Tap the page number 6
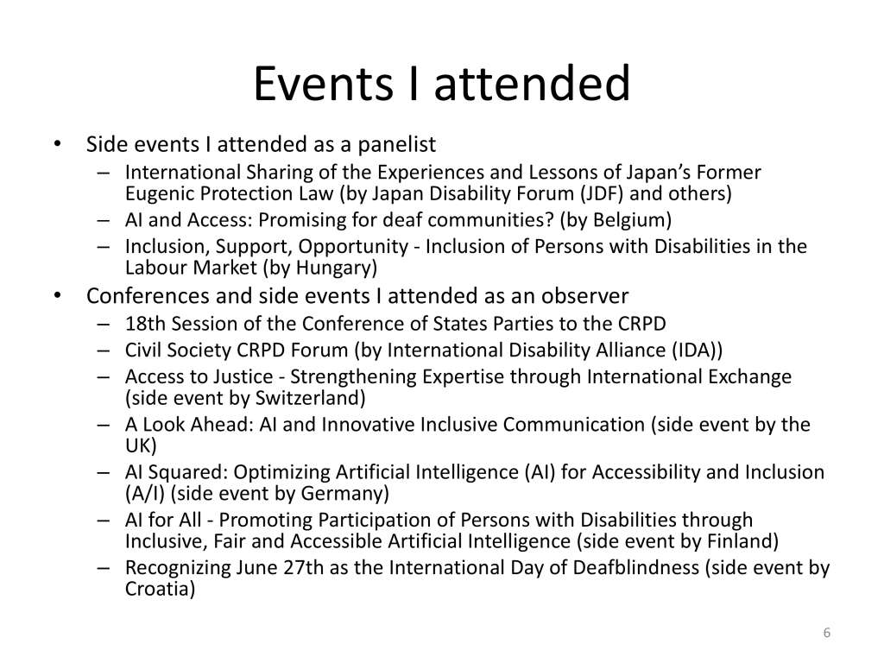pos(826,633)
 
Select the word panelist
pos(397,145)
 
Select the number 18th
pos(145,324)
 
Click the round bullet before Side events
pos(57,144)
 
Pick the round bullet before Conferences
pos(57,295)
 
